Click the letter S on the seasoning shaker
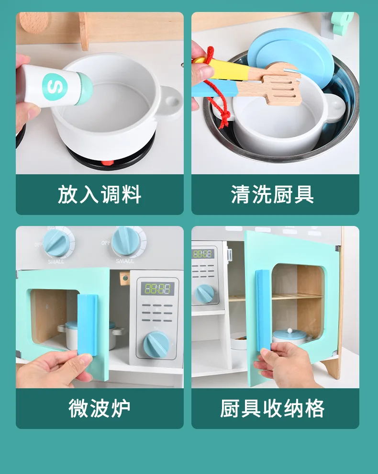[x=55, y=87]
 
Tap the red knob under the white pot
[x=108, y=163]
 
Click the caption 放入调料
[x=100, y=194]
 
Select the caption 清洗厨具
[x=272, y=194]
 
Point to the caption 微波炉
[x=100, y=408]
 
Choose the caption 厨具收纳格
[x=272, y=408]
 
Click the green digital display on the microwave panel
[x=157, y=289]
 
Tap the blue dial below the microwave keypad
[x=156, y=345]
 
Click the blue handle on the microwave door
[x=88, y=324]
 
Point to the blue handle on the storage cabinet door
[x=263, y=311]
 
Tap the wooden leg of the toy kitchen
[x=331, y=367]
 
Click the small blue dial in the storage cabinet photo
[x=205, y=293]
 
